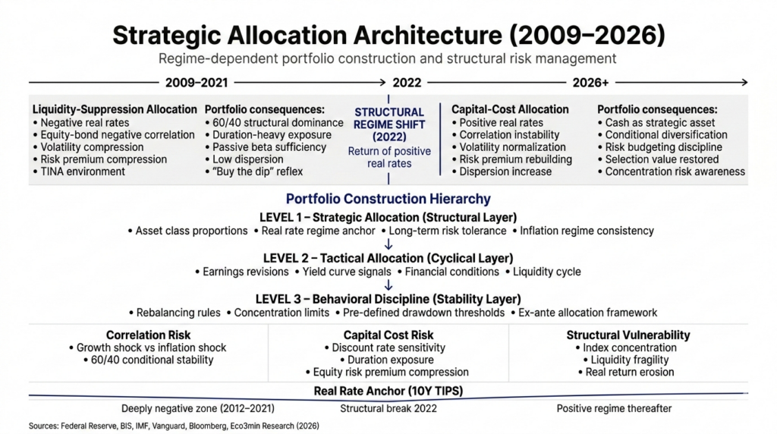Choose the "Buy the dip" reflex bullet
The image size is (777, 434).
[253, 171]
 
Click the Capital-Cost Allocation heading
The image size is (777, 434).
[510, 109]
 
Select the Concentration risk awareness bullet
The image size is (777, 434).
[671, 171]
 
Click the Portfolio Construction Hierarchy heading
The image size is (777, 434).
[388, 200]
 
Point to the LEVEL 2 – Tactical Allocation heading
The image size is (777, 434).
[388, 258]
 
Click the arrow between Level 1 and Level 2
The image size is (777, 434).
[388, 244]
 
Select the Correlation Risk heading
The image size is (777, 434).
[148, 335]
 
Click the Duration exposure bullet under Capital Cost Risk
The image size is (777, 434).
[390, 360]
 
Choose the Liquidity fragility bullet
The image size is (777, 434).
[628, 360]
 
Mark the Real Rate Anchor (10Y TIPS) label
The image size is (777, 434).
[388, 392]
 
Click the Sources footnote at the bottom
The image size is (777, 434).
[174, 426]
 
